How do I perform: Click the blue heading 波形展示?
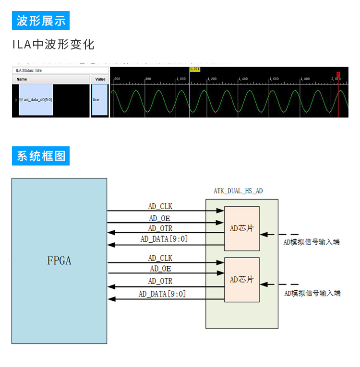click(x=41, y=21)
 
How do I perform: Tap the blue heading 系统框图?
click(x=41, y=156)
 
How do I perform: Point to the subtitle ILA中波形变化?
click(x=53, y=45)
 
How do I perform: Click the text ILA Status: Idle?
click(x=29, y=71)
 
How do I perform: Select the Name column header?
click(x=22, y=79)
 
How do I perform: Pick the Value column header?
click(x=100, y=79)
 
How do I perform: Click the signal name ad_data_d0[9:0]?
click(x=38, y=100)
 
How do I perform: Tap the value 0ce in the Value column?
click(x=96, y=100)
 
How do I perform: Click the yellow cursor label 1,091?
click(x=195, y=69)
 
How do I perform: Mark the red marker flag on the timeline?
click(x=338, y=74)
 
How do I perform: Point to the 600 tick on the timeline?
click(x=117, y=79)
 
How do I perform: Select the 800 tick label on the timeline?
click(x=148, y=79)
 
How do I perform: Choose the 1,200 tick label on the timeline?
click(x=211, y=79)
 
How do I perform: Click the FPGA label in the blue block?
click(x=59, y=261)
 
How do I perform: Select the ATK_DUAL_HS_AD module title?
click(x=238, y=191)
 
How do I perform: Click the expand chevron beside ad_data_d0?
click(x=16, y=100)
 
